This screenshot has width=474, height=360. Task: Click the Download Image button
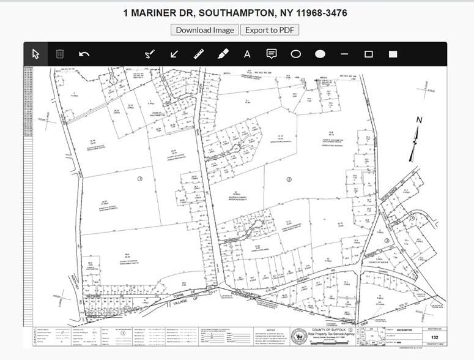(205, 29)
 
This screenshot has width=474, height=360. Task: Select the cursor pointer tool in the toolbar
(35, 54)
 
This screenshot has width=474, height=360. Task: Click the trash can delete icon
(60, 54)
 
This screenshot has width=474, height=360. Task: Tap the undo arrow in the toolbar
(84, 54)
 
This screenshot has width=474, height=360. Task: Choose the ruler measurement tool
(198, 54)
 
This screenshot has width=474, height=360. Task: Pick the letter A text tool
(247, 54)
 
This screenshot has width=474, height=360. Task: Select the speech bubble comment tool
(272, 54)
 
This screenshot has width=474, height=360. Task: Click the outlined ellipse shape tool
(296, 54)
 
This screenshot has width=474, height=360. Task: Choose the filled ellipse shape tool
(320, 54)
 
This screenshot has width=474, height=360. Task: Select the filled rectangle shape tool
(393, 54)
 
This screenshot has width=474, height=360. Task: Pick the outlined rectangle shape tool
(369, 54)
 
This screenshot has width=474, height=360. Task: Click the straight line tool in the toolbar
(344, 54)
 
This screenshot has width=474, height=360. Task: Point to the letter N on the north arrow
(419, 120)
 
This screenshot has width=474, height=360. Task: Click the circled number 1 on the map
(140, 179)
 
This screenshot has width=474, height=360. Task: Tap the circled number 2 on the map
(289, 179)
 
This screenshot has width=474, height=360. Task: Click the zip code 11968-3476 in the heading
(320, 12)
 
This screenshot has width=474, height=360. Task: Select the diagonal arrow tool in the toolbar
(174, 54)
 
